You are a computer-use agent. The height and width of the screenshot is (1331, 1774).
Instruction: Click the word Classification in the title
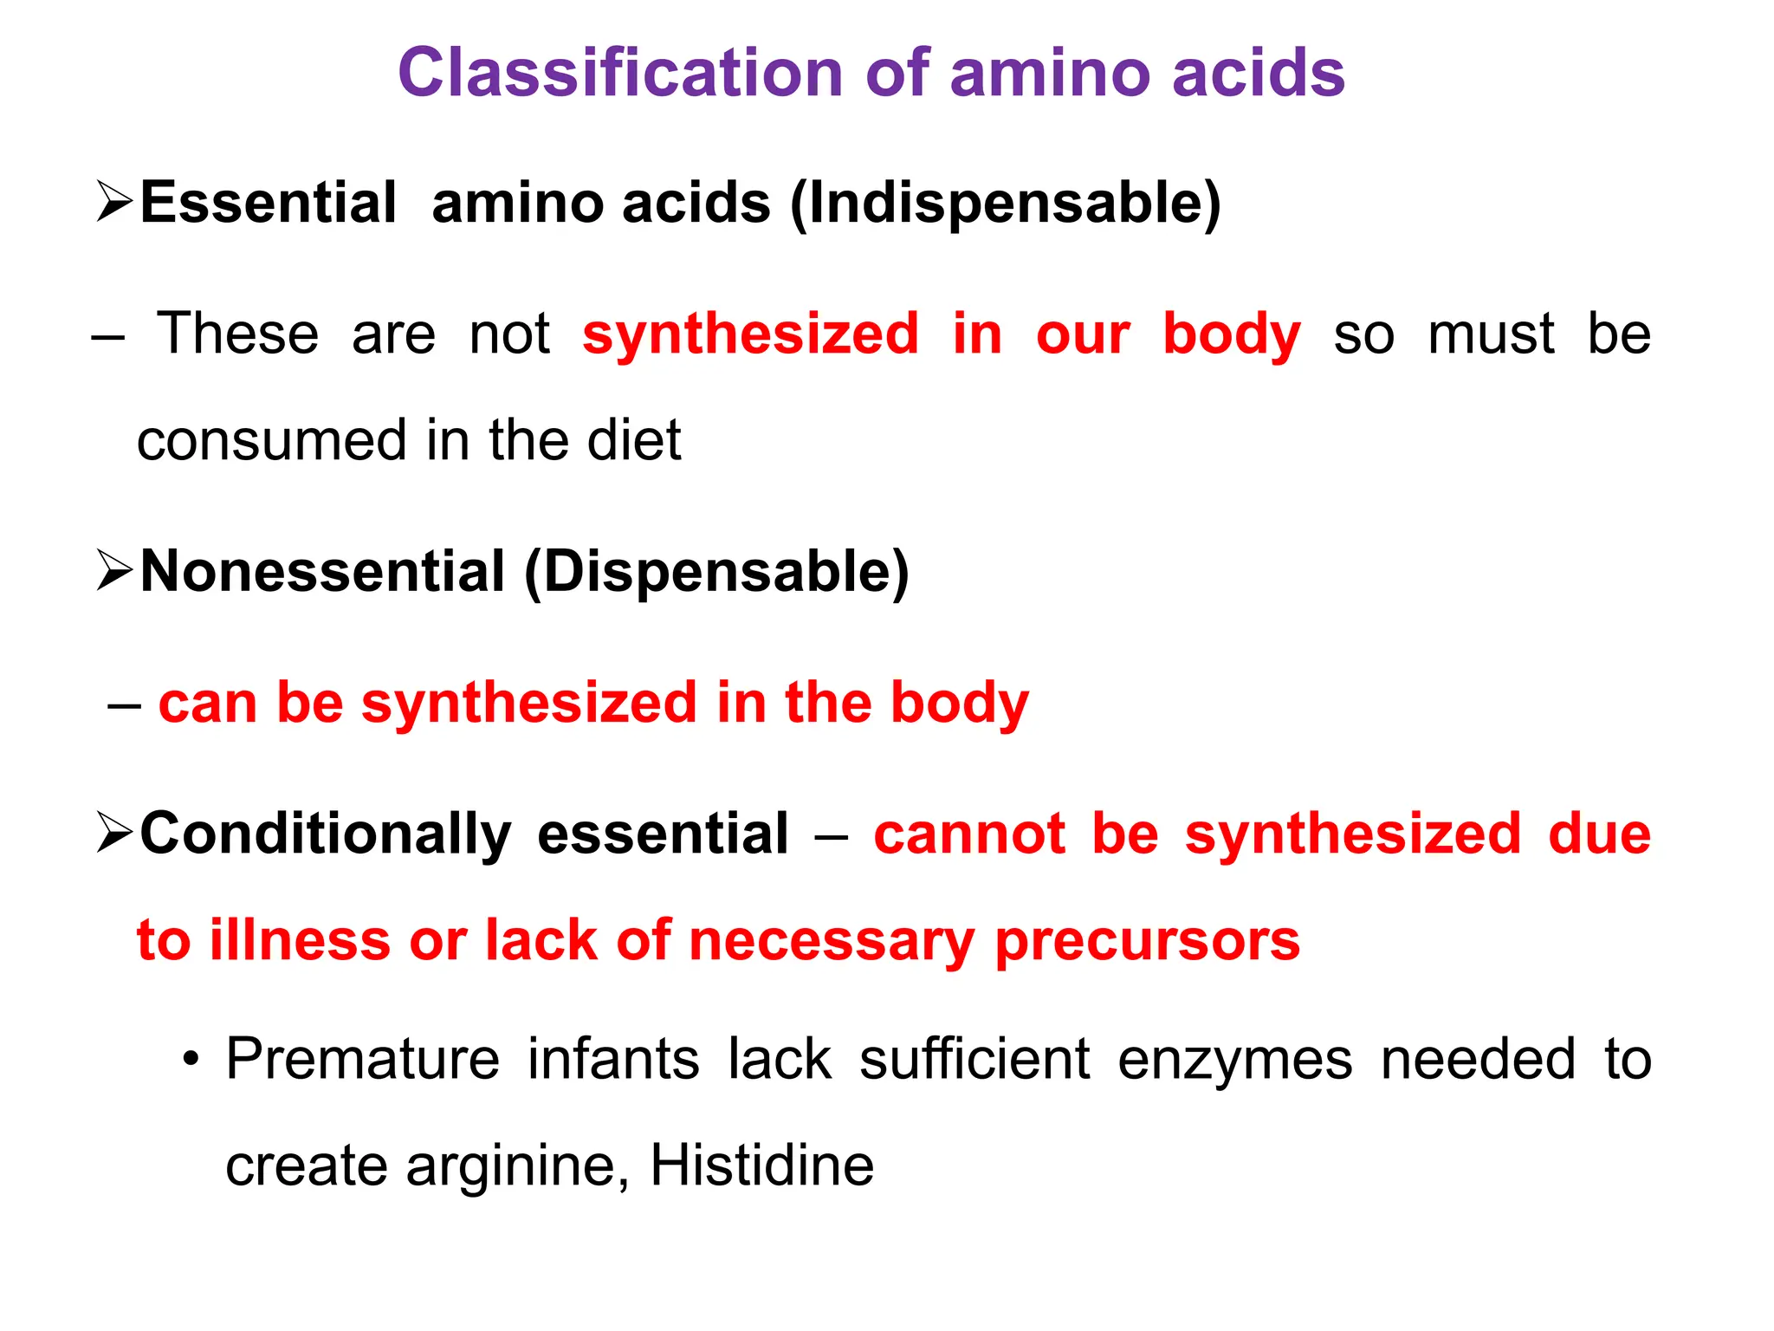[619, 73]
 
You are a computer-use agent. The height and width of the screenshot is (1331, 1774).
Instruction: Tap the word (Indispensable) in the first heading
[1005, 205]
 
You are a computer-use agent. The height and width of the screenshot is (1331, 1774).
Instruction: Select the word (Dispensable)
[716, 573]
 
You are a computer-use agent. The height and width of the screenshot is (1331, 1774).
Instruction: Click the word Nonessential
[322, 573]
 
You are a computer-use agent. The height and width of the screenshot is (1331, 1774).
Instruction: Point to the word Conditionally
[326, 834]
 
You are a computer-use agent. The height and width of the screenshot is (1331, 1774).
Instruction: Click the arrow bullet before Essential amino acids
[114, 202]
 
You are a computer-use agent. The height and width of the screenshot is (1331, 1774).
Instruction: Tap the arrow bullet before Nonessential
[114, 570]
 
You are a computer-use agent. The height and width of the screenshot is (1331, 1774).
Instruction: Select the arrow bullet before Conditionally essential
[114, 833]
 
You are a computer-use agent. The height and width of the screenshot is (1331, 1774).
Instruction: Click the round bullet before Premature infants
[191, 1061]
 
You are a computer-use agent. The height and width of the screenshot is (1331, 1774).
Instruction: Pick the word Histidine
[761, 1165]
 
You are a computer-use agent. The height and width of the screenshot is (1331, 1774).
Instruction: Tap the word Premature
[362, 1059]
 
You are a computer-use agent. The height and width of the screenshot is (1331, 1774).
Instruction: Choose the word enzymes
[1234, 1061]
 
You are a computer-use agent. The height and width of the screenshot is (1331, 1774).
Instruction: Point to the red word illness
[300, 940]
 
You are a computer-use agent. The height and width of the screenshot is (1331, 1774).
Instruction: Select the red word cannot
[968, 834]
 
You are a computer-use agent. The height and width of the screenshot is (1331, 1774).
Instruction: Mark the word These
[237, 334]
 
